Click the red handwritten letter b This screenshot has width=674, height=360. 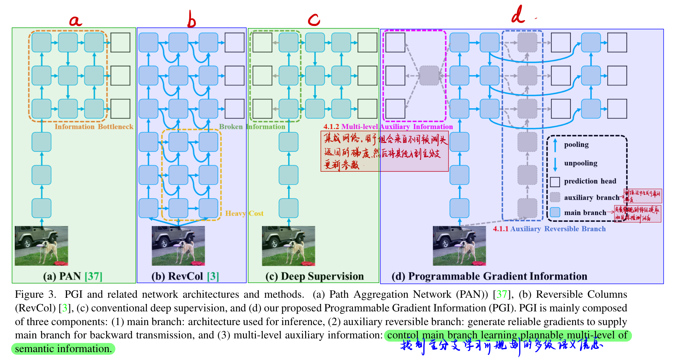191,19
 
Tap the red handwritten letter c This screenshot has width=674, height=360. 314,19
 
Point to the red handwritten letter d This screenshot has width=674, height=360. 518,15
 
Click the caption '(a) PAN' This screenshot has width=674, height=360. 62,276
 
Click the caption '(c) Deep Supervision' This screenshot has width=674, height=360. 315,276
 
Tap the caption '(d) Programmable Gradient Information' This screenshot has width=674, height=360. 489,276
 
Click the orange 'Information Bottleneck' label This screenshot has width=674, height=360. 94,127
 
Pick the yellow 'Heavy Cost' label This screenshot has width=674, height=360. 244,213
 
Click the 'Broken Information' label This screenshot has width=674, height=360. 252,127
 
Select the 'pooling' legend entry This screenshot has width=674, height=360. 576,145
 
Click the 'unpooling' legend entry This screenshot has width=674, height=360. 580,163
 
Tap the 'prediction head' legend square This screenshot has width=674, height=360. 555,182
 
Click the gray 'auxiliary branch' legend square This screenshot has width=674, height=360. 555,197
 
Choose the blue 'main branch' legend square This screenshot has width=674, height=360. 555,212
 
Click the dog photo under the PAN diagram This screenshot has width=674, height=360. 41,246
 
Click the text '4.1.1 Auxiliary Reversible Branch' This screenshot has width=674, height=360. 549,229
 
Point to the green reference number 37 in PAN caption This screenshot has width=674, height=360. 94,276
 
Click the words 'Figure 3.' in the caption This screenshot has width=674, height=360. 35,294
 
